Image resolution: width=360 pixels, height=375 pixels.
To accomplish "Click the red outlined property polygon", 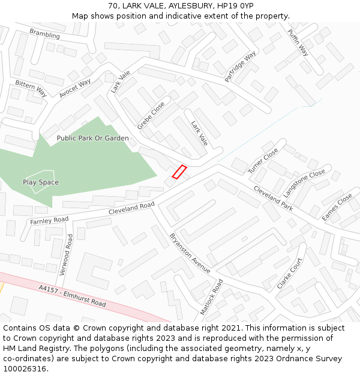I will click(179, 172).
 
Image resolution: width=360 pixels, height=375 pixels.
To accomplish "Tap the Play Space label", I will click(41, 182).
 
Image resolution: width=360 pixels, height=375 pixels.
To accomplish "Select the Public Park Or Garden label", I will click(92, 138).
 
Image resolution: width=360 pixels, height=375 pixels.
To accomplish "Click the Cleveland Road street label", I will click(131, 208).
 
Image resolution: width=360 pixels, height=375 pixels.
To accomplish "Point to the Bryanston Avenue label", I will click(190, 253).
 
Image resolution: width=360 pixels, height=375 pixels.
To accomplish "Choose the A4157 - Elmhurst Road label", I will click(72, 296).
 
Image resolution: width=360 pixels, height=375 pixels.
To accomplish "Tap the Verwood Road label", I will click(65, 254).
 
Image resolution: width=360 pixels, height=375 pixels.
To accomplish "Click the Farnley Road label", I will click(49, 221).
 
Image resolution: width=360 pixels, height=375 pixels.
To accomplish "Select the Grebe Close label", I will click(151, 115).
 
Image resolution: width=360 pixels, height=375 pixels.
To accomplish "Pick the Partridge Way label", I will click(240, 66).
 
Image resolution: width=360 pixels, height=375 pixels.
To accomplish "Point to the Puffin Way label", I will click(298, 42).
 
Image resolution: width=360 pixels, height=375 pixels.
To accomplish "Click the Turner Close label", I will click(263, 160).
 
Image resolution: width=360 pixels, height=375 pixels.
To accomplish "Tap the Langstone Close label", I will click(305, 182).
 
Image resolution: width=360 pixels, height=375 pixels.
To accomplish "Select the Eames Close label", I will click(337, 207).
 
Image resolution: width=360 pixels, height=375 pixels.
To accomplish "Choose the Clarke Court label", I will click(290, 274).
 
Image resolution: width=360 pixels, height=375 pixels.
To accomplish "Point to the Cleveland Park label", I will click(273, 197).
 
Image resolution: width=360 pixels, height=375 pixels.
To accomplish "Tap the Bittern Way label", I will click(31, 88).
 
